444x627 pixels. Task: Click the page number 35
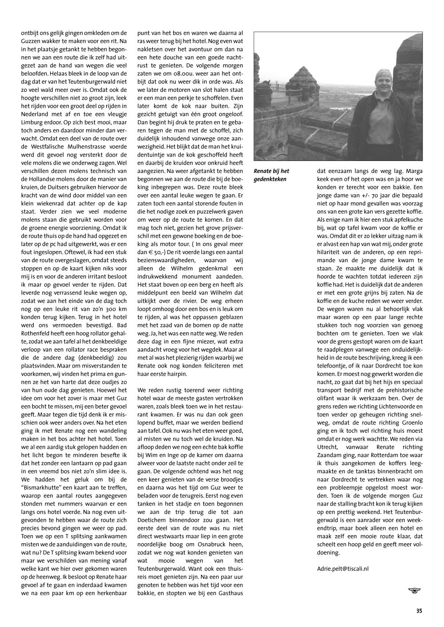(x=419, y=611)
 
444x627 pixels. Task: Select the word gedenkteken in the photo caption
(x=270, y=179)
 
